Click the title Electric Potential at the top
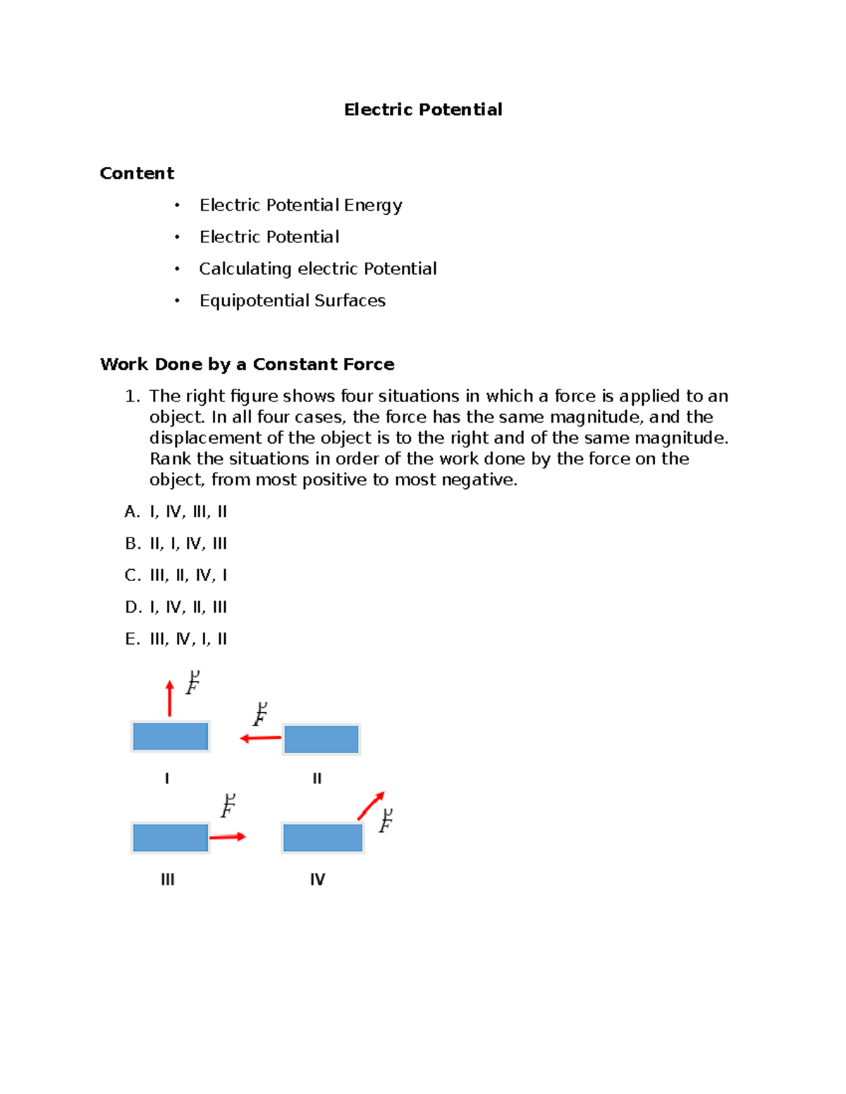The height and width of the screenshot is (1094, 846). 423,109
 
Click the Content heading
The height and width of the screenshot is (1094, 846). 137,173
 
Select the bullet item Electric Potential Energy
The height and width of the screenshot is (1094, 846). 300,205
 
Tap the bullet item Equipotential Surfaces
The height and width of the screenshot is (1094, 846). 292,301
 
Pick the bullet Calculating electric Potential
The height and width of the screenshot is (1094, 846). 317,269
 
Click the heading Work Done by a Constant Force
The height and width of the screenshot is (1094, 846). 247,364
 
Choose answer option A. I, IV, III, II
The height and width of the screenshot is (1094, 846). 176,512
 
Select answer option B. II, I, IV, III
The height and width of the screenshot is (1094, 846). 176,544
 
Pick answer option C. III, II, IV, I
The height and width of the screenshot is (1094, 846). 176,576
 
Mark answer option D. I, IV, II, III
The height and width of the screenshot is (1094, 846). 176,607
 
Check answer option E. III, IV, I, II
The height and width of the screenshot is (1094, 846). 176,639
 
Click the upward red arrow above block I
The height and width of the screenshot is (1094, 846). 169,698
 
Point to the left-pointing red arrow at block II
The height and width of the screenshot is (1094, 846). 260,738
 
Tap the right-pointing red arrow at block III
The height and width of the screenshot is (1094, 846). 228,837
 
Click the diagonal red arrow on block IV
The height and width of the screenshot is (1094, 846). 371,806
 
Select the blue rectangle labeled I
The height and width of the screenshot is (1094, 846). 171,737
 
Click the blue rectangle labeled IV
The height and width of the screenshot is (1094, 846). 322,838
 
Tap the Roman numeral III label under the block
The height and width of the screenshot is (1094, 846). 168,879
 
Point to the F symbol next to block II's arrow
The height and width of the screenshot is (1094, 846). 260,714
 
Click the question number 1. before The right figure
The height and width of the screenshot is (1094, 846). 133,397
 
